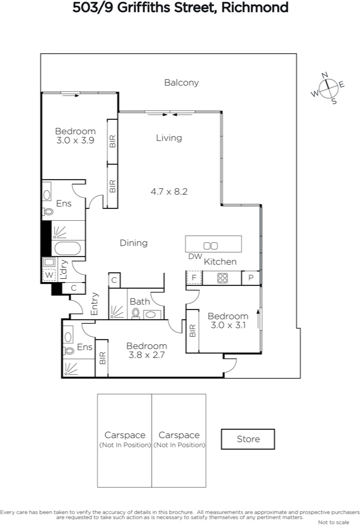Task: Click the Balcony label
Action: (181, 83)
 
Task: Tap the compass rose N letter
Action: (325, 75)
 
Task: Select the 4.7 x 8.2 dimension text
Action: (169, 192)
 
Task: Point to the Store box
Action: (248, 439)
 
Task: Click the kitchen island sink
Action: (210, 246)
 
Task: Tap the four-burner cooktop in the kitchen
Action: (222, 278)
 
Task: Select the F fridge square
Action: (194, 278)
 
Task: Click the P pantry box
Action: (251, 278)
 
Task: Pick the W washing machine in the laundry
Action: (49, 275)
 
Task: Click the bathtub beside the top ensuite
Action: (68, 248)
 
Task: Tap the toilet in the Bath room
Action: (136, 313)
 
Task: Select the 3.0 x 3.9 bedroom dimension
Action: (75, 140)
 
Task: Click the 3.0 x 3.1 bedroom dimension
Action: (228, 325)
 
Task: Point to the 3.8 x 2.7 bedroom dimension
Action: (147, 355)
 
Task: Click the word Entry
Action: (94, 304)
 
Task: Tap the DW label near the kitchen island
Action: (195, 256)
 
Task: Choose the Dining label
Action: (134, 243)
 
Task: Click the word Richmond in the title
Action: (255, 8)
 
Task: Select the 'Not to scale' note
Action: (333, 522)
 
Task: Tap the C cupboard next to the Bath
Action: (114, 280)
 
